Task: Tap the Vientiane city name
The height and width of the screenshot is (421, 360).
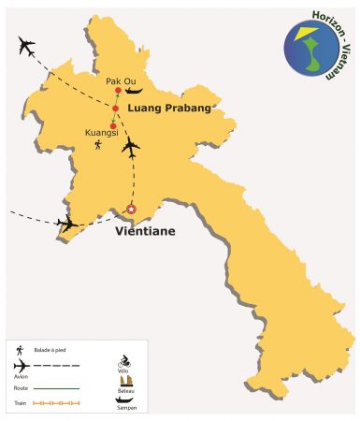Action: click(145, 228)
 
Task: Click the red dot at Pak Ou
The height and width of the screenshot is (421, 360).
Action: click(118, 91)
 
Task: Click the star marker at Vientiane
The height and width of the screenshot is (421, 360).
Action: click(131, 210)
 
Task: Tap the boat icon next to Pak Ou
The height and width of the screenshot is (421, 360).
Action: click(135, 91)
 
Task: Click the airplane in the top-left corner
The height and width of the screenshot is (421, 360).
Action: click(26, 46)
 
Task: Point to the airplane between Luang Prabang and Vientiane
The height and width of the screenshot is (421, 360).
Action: click(131, 148)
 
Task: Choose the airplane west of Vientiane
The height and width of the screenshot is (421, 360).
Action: click(67, 223)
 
